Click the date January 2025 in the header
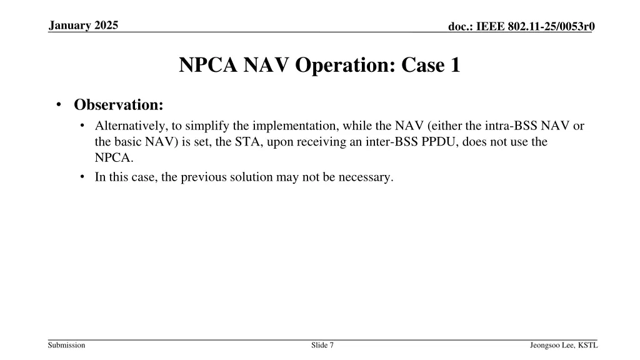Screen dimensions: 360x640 (85, 26)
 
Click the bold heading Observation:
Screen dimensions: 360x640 (119, 104)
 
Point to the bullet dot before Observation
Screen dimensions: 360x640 (58, 104)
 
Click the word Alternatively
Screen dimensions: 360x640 (129, 126)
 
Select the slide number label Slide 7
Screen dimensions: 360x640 (322, 345)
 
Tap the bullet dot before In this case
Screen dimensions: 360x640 (83, 177)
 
